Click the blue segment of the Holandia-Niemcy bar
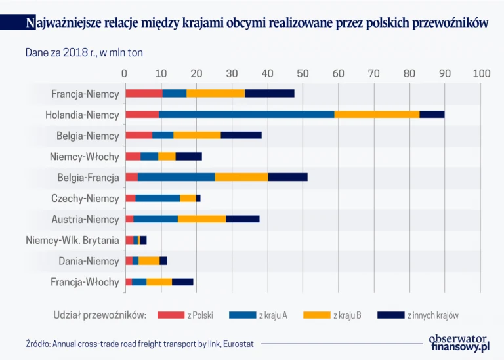point(246,115)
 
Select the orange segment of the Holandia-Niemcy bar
point(377,115)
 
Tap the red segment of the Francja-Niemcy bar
point(144,94)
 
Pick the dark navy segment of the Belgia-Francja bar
point(287,177)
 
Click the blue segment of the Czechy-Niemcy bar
point(157,198)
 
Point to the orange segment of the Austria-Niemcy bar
point(201,219)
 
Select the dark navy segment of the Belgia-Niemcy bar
point(241,136)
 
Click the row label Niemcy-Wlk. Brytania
point(72,241)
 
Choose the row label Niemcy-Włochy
point(84,157)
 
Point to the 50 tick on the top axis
point(303,73)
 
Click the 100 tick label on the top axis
point(481,73)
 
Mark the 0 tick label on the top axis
point(125,73)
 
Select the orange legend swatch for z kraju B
point(317,315)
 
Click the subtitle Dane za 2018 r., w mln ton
point(84,52)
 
